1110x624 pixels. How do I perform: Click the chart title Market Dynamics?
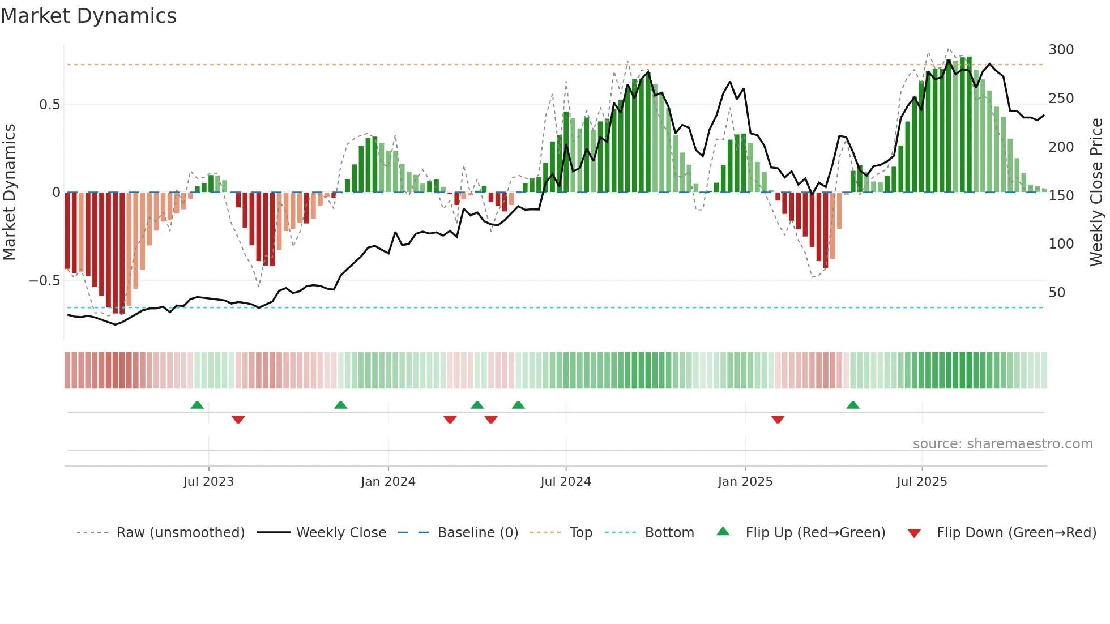coord(89,16)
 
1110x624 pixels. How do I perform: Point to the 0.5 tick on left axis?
coord(49,105)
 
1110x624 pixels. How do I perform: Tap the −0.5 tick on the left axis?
coord(45,281)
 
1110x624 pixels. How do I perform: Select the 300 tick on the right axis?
coord(1061,50)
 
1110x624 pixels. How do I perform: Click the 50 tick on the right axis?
coord(1057,293)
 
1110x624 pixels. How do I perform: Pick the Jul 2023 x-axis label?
coord(208,482)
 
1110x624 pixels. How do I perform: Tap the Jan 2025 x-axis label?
coord(745,482)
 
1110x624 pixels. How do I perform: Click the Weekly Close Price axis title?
coord(1096,193)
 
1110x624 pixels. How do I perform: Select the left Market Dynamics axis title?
coord(9,193)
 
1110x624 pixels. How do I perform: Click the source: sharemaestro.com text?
coord(1002,444)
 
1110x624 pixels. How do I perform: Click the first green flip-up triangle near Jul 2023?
coord(197,405)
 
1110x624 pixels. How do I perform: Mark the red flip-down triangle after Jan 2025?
coord(778,420)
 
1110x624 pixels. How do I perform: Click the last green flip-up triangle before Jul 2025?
coord(853,405)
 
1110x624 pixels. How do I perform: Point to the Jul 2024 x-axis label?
coord(565,482)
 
